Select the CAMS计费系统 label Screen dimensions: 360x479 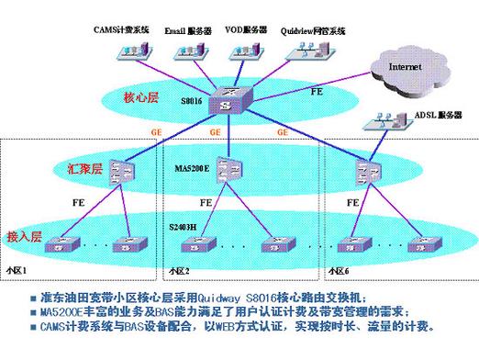[121, 30]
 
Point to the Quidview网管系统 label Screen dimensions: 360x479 [313, 30]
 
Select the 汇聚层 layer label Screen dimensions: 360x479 [84, 168]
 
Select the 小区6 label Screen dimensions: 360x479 [340, 272]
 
